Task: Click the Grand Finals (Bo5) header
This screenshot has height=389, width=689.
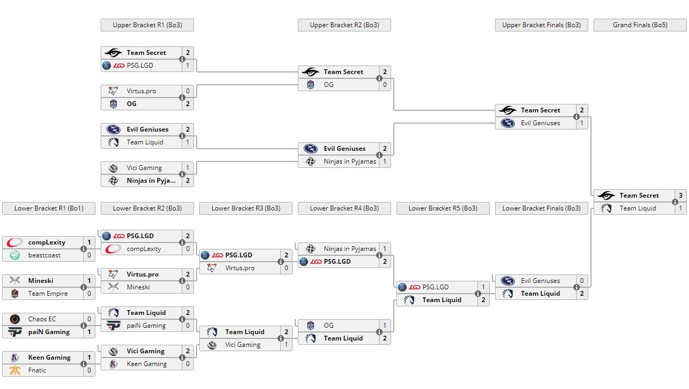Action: [x=640, y=25]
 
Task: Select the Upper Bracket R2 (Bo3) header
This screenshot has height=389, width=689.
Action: [x=344, y=25]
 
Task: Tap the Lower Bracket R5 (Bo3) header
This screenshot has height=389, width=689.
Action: [x=443, y=208]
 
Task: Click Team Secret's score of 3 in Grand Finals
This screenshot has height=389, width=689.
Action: [x=680, y=196]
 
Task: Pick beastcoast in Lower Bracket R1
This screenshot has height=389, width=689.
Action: [x=44, y=255]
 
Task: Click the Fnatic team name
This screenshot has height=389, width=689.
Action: [x=37, y=370]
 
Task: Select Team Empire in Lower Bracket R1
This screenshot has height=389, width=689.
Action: [x=48, y=294]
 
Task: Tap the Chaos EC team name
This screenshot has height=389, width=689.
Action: [x=42, y=319]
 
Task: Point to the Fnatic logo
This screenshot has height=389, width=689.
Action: [x=15, y=370]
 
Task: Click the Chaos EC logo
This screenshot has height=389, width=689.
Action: [x=15, y=319]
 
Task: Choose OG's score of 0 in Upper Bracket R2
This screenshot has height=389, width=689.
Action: [x=385, y=85]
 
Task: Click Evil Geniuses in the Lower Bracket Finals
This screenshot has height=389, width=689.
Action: [x=540, y=281]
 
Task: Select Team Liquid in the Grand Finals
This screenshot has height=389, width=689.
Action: [x=638, y=208]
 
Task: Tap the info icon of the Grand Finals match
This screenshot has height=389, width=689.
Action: [x=675, y=202]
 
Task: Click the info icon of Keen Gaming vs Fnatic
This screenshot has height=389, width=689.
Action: [x=84, y=364]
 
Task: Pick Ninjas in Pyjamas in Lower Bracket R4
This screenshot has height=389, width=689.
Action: [x=350, y=249]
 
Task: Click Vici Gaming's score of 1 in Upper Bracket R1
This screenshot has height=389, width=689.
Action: [x=188, y=168]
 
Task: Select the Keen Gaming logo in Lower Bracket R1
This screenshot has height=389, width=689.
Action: [x=15, y=358]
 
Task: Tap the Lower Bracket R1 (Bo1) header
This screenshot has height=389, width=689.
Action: [x=48, y=208]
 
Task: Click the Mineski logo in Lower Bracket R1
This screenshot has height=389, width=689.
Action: [x=15, y=281]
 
